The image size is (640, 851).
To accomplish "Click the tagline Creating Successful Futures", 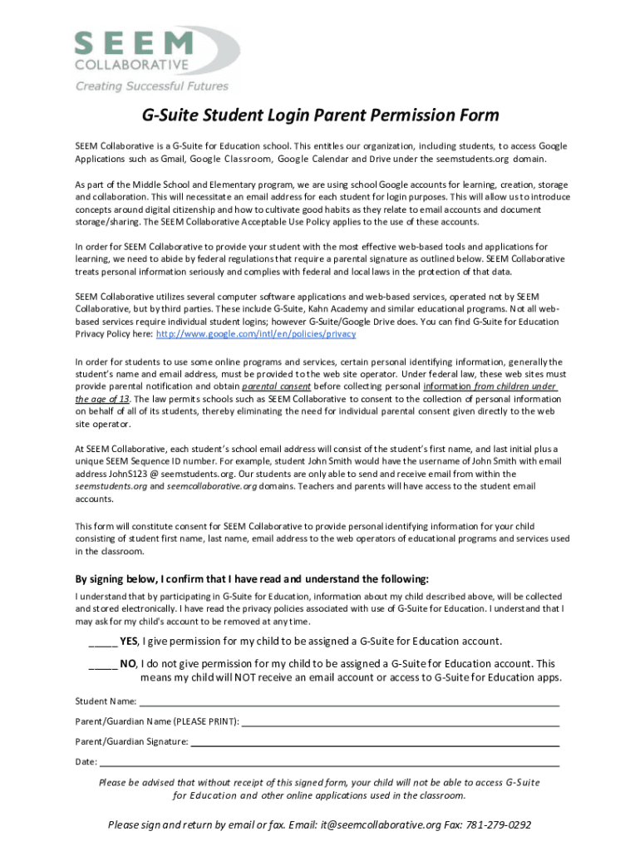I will [151, 86].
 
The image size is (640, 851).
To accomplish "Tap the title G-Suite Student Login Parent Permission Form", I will [319, 115].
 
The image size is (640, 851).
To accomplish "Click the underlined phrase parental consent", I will [277, 386].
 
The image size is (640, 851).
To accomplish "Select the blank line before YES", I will [102, 642].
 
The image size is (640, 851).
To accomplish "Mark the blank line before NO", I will [102, 664].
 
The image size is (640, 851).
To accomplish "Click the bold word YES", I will [129, 641].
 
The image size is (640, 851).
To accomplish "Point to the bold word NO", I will [128, 663].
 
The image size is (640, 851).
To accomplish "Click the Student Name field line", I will [349, 702].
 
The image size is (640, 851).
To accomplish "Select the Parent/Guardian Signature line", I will [374, 742].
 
